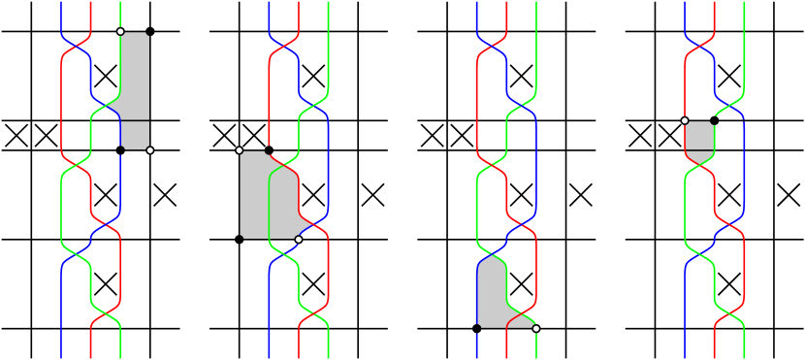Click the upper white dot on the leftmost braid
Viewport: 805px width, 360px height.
[x=120, y=32]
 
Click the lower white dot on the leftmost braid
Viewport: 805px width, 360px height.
[x=149, y=149]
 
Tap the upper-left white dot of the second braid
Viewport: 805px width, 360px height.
[x=240, y=150]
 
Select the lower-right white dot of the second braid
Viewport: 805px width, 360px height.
[x=298, y=239]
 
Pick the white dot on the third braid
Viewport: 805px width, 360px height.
[x=535, y=328]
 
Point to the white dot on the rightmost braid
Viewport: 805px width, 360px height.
[x=685, y=120]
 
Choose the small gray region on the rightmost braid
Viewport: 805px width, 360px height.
[x=699, y=137]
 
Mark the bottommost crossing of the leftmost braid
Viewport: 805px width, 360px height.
[x=106, y=314]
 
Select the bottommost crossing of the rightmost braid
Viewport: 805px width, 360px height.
[x=729, y=314]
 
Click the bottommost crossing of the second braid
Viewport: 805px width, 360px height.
[x=314, y=314]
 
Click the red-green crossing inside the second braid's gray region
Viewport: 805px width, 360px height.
[x=284, y=165]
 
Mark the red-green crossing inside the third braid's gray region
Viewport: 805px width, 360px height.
[x=521, y=314]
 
